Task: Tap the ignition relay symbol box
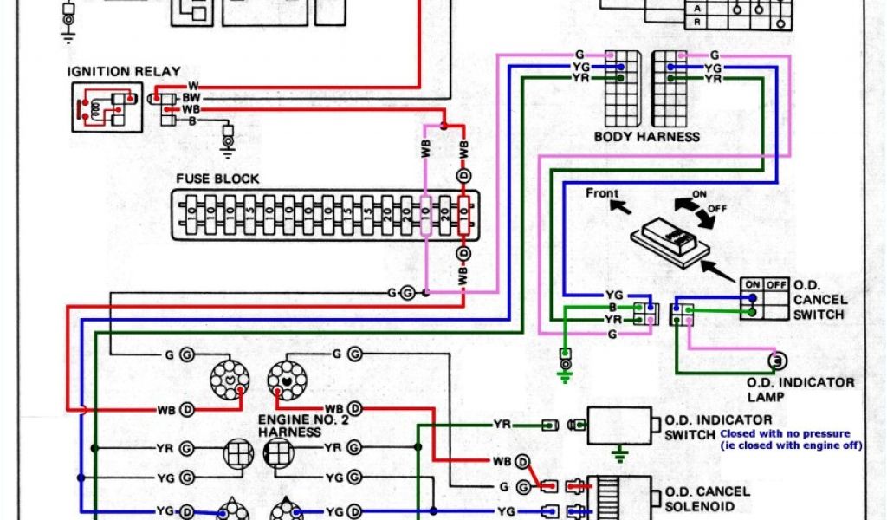106,107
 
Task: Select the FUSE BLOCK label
217,179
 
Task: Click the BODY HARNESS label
646,137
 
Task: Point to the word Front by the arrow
603,192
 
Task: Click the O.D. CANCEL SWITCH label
819,299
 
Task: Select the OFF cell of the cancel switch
776,283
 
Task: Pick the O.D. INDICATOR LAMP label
800,389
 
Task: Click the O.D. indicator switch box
619,426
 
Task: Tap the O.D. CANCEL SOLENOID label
706,499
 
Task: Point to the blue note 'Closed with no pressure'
784,433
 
